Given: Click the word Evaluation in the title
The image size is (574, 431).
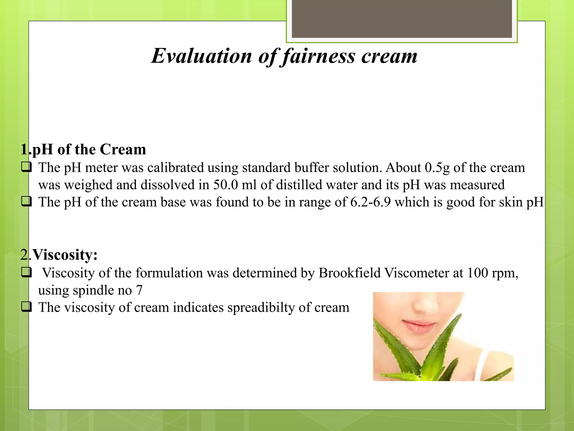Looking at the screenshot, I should pos(202,56).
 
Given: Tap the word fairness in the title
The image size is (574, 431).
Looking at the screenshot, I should pos(318,56).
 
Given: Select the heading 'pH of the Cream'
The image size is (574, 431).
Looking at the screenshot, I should pos(89,149).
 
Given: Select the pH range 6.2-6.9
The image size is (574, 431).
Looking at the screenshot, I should pos(370,202).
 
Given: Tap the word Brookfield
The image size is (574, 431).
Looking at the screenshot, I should pos(350,273).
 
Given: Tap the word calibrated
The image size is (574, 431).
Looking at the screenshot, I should pos(175,168).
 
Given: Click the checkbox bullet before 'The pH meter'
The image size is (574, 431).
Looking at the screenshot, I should pos(26,168).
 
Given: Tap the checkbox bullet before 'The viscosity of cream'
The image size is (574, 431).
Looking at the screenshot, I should pos(26,307).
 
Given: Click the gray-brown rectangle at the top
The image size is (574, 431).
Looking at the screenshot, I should pos(402,19).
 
